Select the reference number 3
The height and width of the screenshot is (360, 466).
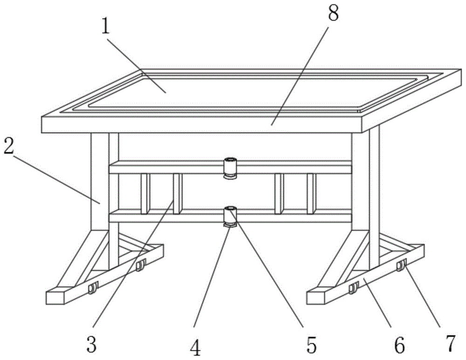pos(91,345)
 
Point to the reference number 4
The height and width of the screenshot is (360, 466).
pos(197,347)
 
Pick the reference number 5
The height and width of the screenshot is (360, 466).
pos(311,345)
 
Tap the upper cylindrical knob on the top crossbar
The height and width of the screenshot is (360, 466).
pos(229,167)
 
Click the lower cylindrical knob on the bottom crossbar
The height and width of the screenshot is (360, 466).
pos(229,216)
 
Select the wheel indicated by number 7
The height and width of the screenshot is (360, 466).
pos(400,266)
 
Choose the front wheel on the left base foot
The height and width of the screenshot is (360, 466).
pos(92,289)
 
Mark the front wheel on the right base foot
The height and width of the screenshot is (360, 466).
pos(353,289)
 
